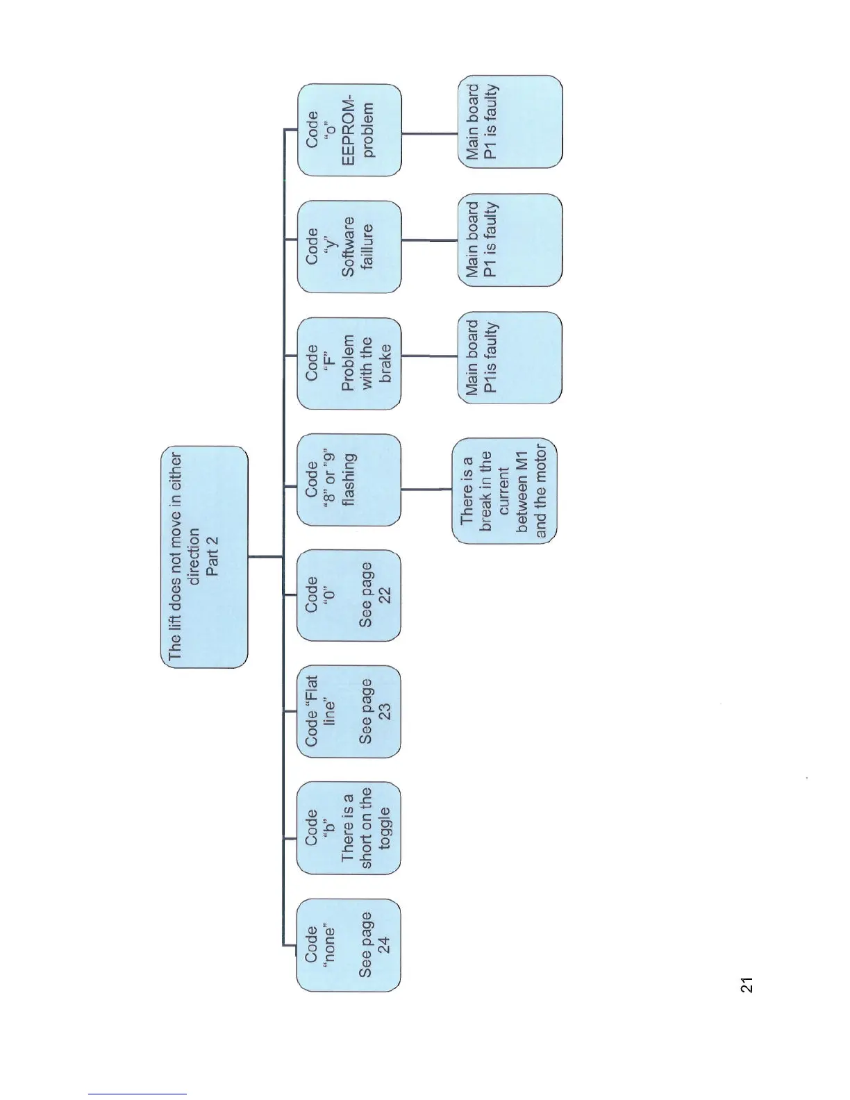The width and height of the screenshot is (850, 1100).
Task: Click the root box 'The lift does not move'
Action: click(x=204, y=557)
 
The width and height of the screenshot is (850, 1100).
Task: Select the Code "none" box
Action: click(x=349, y=945)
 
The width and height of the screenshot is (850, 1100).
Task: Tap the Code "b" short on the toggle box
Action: click(x=349, y=828)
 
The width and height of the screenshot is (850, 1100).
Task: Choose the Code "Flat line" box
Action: click(x=349, y=712)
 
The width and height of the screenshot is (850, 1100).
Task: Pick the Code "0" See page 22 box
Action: click(x=349, y=595)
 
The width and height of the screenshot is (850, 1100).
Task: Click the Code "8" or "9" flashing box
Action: click(x=349, y=480)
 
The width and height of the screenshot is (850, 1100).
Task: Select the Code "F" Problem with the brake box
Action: click(x=349, y=363)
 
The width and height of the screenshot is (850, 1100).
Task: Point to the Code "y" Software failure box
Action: click(x=349, y=247)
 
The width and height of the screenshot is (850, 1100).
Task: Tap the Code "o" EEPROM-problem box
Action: click(x=349, y=130)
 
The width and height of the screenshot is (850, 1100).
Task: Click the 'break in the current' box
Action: click(x=504, y=491)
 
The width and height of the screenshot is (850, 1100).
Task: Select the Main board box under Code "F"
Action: click(x=510, y=358)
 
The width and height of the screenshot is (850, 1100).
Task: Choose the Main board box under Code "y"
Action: click(x=510, y=240)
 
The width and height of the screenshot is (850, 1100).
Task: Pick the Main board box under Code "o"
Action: click(x=510, y=122)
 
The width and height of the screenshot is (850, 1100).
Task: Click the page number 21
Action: click(x=747, y=985)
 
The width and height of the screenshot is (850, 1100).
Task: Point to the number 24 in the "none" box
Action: click(x=384, y=945)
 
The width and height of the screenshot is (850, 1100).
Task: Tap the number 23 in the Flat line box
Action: click(x=384, y=712)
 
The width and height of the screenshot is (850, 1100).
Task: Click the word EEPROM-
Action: click(x=349, y=132)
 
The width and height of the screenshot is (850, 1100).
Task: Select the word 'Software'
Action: click(x=349, y=247)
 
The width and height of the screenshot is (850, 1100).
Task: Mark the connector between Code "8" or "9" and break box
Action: click(x=426, y=489)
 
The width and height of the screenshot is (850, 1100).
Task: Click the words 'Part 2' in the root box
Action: click(x=213, y=556)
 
